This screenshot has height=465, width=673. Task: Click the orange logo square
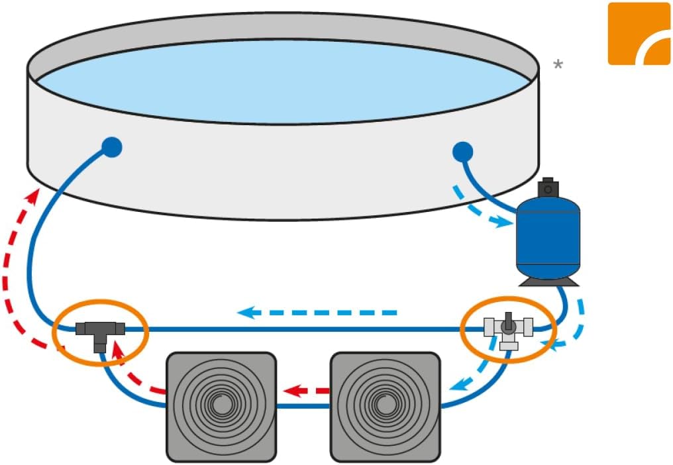(639, 33)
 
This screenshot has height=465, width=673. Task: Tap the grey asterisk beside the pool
(558, 65)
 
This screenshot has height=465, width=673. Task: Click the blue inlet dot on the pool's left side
(112, 147)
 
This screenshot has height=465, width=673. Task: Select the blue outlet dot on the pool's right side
(462, 152)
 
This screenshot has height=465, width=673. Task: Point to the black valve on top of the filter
(547, 187)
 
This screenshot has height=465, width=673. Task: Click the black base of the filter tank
(548, 282)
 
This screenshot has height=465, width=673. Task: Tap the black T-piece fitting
(99, 330)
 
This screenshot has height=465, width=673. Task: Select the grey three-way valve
(508, 329)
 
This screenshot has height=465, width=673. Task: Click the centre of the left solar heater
(220, 406)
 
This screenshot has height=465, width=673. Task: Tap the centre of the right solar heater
(385, 406)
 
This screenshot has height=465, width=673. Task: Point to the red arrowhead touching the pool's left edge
(32, 195)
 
